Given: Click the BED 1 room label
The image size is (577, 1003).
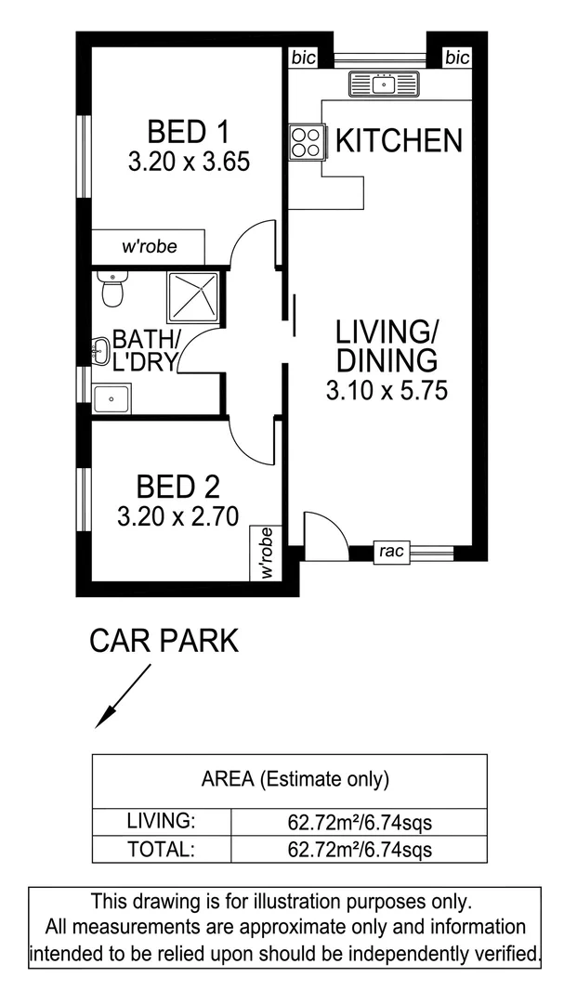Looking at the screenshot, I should tap(188, 130).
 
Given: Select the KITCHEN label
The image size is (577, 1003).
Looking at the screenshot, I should tap(398, 140).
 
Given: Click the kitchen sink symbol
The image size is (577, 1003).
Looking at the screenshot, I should tap(385, 85).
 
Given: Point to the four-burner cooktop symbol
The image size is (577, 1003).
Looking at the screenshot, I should tap(305, 142).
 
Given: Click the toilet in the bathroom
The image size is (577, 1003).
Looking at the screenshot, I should tap(111, 291).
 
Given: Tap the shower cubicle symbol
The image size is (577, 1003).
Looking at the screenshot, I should tap(193, 297).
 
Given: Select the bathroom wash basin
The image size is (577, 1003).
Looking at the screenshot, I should tap(101, 352).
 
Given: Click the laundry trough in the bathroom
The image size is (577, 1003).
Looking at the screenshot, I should tap(111, 398).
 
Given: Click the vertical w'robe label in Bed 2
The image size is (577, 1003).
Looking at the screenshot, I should tap(267, 554).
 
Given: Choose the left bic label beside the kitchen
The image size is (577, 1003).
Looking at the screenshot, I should tap(303, 58).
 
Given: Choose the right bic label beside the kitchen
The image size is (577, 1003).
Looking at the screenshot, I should tap(457, 58).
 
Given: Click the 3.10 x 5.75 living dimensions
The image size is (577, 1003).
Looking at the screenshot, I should tap(387, 391).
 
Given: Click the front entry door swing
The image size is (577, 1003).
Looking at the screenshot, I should tap(324, 537).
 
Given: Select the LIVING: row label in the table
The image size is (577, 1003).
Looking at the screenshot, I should tap(160, 821).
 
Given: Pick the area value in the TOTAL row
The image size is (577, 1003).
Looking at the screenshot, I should tap(360, 848).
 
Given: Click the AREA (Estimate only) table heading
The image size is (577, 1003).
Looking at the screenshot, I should tap(295, 779).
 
